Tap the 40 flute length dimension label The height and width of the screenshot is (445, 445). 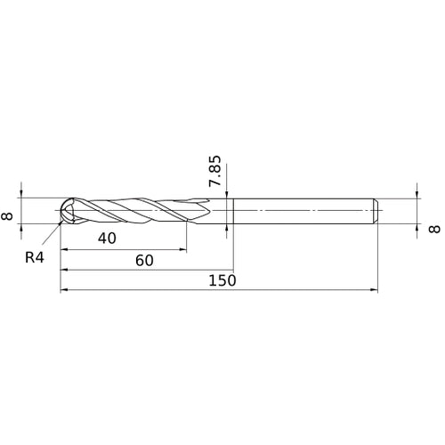(x=107, y=239)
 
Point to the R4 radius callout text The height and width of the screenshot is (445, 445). (x=35, y=257)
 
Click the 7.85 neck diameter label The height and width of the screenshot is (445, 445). (x=214, y=170)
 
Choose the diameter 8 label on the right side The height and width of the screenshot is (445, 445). (x=434, y=229)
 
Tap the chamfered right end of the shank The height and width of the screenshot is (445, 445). (x=376, y=212)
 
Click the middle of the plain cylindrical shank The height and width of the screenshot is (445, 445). (x=303, y=212)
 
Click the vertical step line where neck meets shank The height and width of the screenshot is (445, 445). (x=232, y=212)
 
